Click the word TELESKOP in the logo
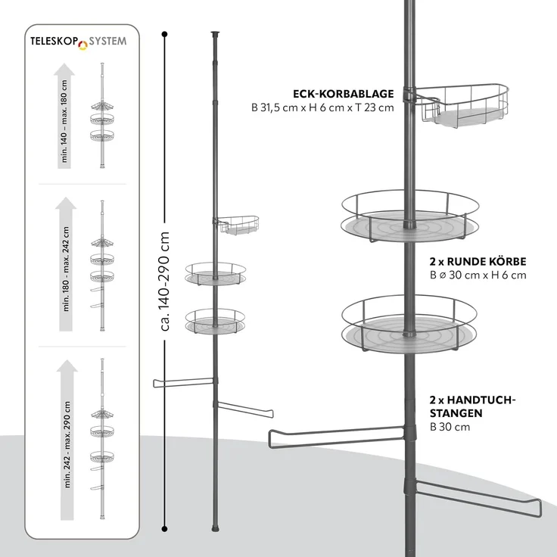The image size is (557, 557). (x=54, y=42)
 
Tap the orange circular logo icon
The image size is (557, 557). (x=82, y=45)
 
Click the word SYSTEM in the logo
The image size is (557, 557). (x=107, y=41)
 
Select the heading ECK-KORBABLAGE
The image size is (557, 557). (x=343, y=94)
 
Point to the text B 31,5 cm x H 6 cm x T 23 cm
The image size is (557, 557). (x=322, y=107)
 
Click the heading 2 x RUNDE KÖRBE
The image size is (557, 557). (x=478, y=261)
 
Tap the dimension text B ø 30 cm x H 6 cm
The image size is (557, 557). (x=478, y=275)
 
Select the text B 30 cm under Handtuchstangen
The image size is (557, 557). (x=450, y=427)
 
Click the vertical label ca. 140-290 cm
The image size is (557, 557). (x=164, y=281)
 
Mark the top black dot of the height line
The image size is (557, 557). (x=164, y=35)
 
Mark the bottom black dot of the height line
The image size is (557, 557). (x=164, y=529)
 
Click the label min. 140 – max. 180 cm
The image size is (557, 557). (x=64, y=121)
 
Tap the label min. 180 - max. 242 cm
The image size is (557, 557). (x=66, y=269)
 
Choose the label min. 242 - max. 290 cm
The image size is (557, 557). (x=67, y=444)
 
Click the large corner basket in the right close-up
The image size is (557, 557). (x=462, y=104)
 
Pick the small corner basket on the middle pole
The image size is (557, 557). (x=236, y=226)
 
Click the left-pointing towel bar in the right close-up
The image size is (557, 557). (x=337, y=437)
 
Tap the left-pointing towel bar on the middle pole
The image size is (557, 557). (x=184, y=383)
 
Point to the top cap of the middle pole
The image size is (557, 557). (x=215, y=34)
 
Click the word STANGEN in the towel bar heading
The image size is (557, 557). (x=456, y=413)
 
